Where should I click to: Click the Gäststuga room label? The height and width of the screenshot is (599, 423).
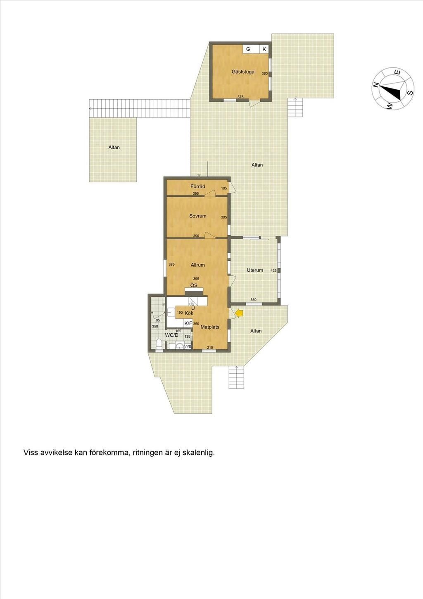tap(243, 72)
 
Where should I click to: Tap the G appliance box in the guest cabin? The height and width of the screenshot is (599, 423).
tap(248, 49)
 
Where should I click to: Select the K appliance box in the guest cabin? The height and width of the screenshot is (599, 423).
tap(264, 49)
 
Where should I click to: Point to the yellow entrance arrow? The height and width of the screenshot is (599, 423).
tap(240, 314)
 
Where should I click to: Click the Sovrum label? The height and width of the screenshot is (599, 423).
tap(197, 216)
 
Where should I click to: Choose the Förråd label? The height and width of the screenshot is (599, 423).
tap(197, 186)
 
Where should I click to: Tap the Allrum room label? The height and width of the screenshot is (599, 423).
tap(197, 265)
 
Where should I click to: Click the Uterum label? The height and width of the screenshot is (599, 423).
tap(255, 270)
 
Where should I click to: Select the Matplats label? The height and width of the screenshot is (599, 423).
tap(210, 327)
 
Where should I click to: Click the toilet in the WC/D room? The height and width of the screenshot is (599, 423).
tap(159, 344)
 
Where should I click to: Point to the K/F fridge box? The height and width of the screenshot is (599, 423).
tap(188, 323)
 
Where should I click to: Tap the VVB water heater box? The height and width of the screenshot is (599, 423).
tap(188, 346)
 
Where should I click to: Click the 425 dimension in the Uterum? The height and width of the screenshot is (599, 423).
tap(273, 271)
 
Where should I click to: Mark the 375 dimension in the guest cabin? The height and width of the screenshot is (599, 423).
tap(240, 97)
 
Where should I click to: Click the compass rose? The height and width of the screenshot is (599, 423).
tap(393, 88)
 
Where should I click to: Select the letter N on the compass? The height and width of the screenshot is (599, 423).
tap(376, 85)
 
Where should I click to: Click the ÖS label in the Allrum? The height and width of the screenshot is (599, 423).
tap(194, 286)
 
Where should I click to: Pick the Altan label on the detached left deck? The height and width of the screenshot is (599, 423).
tap(114, 148)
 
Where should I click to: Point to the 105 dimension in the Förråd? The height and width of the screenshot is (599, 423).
tap(224, 189)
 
